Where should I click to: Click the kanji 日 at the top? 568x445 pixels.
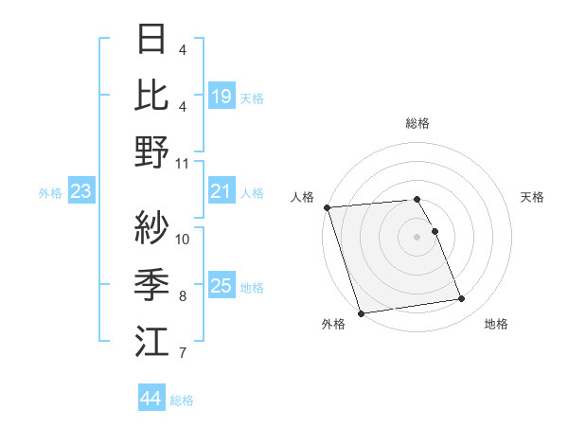pos(152,39)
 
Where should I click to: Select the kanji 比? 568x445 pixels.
pos(152,95)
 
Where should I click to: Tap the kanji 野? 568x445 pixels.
pos(152,151)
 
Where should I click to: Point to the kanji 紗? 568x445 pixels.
pos(152,227)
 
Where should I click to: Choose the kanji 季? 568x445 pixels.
pos(152,283)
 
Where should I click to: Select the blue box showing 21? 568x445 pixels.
pos(222,192)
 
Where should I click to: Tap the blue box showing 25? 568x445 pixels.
pos(222,286)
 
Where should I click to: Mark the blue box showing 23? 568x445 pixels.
pos(81,192)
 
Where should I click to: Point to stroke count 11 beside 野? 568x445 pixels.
pos(183,163)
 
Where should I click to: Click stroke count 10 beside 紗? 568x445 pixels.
pos(183,239)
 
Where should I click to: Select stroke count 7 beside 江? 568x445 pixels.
pos(183,353)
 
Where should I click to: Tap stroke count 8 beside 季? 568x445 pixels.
pos(183,296)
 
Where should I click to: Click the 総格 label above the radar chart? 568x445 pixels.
pos(417,123)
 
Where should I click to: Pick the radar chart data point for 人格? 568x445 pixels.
pos(327,207)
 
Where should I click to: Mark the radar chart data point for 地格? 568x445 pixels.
pos(462,299)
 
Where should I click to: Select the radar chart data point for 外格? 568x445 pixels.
pos(361,312)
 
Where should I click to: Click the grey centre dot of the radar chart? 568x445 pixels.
pos(417,236)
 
